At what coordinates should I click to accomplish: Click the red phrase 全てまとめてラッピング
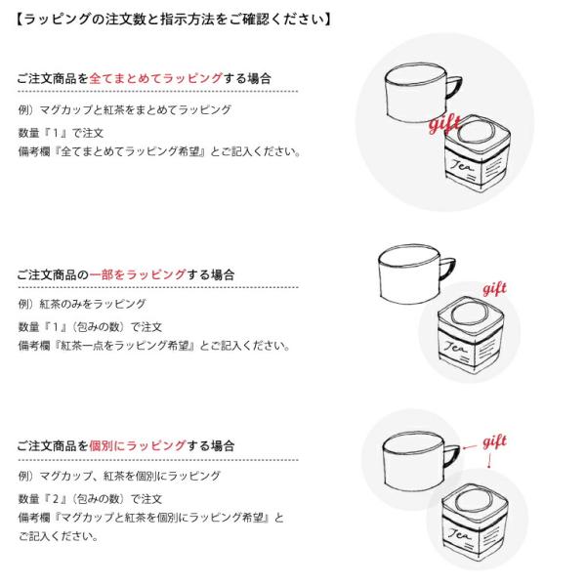click(x=156, y=78)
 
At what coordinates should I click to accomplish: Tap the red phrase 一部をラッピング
click(x=138, y=274)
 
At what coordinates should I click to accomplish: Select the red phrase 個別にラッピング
click(x=138, y=445)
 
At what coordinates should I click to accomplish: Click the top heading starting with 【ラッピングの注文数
click(x=174, y=19)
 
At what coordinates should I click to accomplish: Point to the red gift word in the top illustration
click(x=444, y=124)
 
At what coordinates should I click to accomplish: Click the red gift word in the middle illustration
click(x=494, y=289)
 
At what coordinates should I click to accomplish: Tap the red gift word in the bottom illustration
click(x=495, y=442)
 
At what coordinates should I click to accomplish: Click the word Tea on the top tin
click(x=462, y=165)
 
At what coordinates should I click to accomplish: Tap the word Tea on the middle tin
click(x=455, y=347)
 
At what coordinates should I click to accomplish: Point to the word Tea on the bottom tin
click(x=459, y=534)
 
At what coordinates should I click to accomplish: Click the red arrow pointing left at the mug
click(x=470, y=447)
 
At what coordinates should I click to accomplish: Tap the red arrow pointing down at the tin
click(x=489, y=461)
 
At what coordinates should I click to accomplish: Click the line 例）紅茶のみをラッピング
click(x=82, y=304)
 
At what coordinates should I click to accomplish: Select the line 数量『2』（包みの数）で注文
click(x=90, y=499)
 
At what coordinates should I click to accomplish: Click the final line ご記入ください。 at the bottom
click(x=58, y=536)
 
